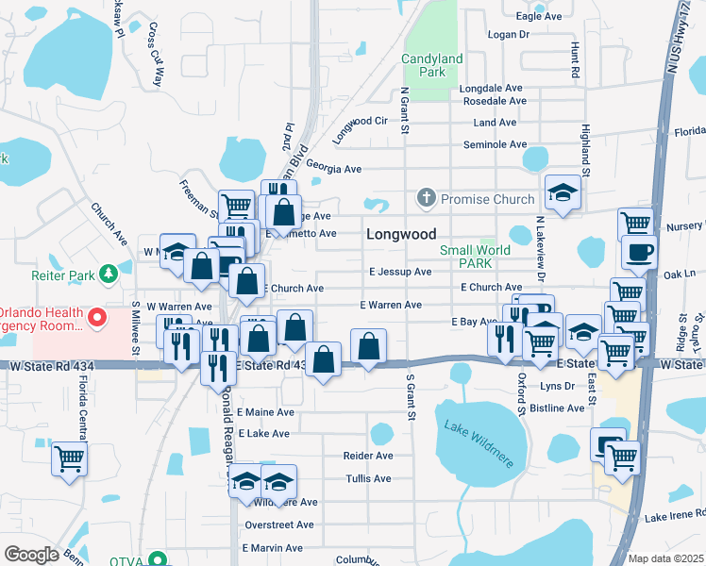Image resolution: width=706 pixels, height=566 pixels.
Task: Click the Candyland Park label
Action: [x=431, y=64]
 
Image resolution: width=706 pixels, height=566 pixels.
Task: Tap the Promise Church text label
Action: [x=487, y=199]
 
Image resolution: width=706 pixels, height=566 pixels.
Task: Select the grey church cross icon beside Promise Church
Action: [x=426, y=199]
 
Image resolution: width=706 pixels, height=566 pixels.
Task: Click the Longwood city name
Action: [x=401, y=234]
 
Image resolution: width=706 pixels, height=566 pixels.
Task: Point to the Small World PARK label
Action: [x=475, y=257]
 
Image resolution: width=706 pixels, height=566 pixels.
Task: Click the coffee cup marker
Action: [x=639, y=253]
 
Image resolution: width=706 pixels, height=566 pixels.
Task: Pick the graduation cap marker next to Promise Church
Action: [x=563, y=192]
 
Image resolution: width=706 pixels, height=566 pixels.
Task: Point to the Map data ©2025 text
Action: [x=664, y=558]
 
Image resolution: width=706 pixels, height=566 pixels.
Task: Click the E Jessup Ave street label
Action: [x=400, y=272]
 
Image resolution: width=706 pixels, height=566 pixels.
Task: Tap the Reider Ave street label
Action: [x=368, y=456]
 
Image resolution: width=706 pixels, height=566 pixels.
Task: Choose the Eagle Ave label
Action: [x=540, y=17]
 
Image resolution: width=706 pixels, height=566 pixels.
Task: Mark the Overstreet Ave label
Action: [x=278, y=524]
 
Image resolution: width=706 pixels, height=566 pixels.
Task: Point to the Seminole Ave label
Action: [x=496, y=144]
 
